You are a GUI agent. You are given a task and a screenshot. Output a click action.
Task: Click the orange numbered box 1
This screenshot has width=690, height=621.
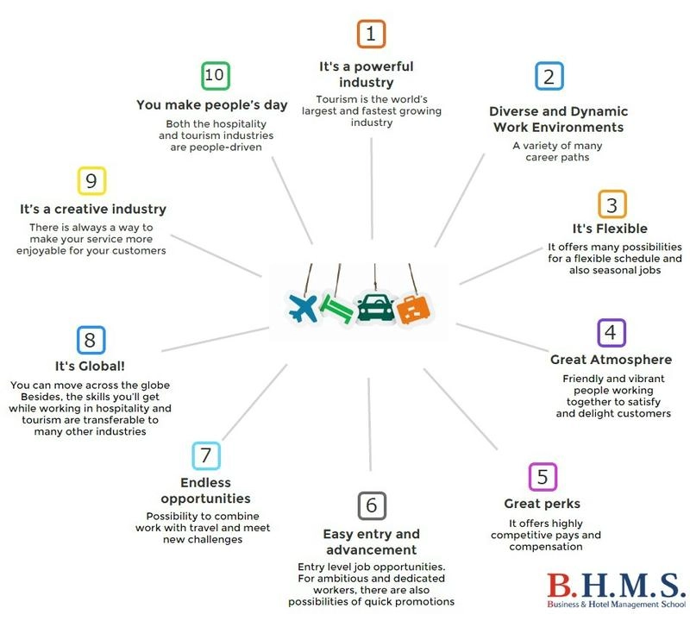371,34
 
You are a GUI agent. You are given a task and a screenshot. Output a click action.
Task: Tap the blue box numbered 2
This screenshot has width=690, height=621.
549,76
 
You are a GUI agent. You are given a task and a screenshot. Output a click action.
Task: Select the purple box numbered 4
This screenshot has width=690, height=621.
612,333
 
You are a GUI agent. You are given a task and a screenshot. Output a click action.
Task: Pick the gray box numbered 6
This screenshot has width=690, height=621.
372,505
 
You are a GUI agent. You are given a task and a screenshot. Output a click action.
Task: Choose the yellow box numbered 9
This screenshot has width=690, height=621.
91,181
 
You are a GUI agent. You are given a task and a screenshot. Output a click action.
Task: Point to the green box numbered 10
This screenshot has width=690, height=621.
215,76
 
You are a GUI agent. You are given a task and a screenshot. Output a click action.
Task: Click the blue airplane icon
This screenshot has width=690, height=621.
303,308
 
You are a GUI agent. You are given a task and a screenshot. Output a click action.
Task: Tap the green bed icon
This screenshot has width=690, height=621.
336,309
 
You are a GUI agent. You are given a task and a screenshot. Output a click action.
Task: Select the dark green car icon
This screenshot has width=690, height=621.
375,307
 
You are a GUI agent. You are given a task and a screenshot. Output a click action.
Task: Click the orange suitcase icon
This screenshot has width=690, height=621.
413,310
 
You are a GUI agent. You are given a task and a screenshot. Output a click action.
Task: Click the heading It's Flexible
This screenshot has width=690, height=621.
610,229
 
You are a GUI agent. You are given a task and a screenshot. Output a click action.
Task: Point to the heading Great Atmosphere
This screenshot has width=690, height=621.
611,360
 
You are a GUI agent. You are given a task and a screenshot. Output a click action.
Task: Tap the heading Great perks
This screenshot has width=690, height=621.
543,504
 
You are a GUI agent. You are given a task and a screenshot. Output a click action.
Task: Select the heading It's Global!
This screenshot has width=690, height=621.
90,367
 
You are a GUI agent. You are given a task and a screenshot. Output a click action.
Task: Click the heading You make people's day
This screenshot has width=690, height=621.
211,105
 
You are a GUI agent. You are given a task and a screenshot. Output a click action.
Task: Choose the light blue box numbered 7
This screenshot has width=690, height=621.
206,455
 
